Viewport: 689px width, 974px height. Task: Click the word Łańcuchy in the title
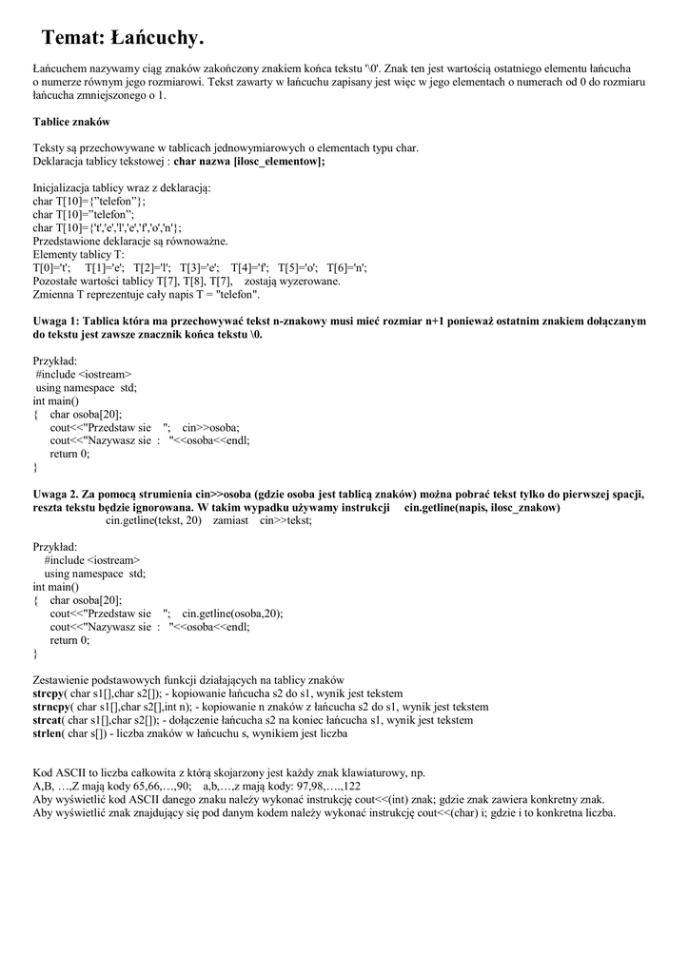click(156, 39)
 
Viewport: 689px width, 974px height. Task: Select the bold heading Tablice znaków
click(71, 122)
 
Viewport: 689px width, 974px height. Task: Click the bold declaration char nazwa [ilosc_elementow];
click(249, 162)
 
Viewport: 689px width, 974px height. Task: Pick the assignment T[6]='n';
click(346, 268)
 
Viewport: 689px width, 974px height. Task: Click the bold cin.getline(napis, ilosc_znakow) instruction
click(482, 508)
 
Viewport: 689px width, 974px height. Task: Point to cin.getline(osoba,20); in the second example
click(232, 614)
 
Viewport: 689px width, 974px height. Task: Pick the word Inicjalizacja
click(65, 188)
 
